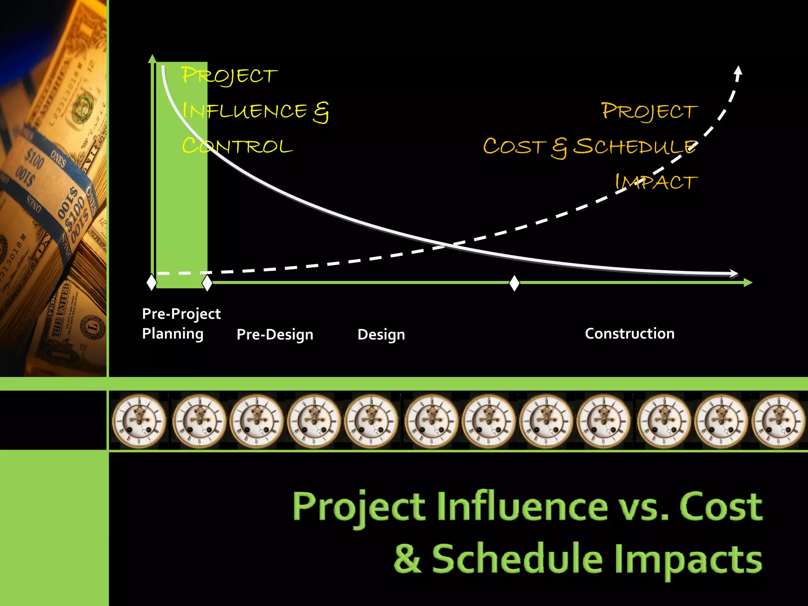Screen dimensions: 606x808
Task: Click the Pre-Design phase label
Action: tap(275, 335)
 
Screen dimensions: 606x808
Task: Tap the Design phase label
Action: tap(381, 335)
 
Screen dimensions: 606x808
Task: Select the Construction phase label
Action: tap(629, 334)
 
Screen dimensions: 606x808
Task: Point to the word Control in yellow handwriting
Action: tap(237, 146)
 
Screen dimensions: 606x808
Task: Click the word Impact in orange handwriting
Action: tap(656, 182)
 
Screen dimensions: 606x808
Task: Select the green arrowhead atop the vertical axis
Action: tap(152, 59)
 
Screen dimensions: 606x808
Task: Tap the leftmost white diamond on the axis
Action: tap(151, 282)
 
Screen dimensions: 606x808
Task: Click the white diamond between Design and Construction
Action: tap(514, 283)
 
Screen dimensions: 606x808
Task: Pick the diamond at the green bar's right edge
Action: tap(207, 283)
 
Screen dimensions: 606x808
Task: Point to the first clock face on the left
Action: tap(139, 421)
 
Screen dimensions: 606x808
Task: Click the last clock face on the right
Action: tap(778, 421)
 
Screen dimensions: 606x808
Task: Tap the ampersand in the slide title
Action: tap(407, 558)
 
